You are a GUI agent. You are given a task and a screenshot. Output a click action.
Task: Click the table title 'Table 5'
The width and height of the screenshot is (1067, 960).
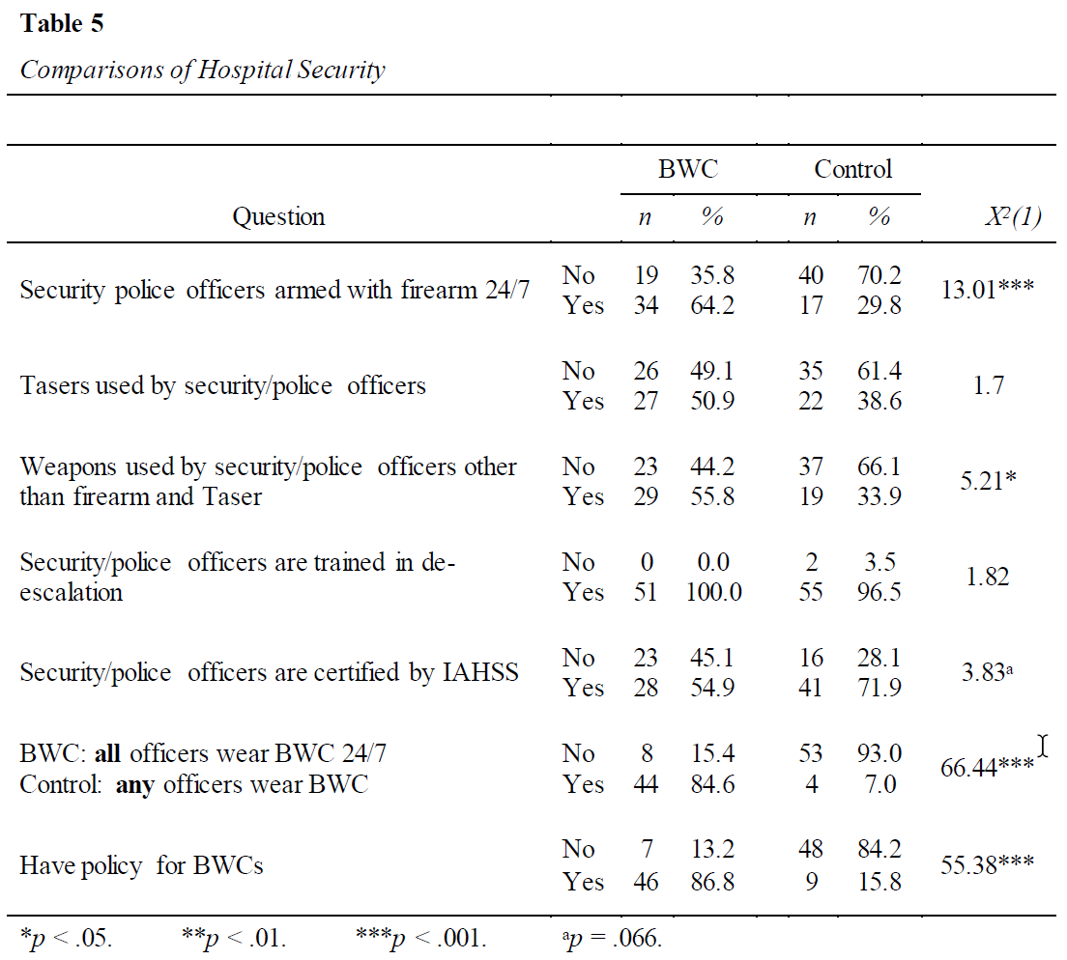click(62, 23)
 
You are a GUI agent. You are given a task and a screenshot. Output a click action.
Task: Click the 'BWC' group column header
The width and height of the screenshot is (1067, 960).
click(688, 169)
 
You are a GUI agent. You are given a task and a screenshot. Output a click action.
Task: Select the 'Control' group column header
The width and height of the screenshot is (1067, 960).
click(852, 169)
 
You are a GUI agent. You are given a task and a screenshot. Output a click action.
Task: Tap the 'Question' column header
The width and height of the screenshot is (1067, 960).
click(278, 217)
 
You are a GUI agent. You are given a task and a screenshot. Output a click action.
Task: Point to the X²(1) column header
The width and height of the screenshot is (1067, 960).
click(1013, 216)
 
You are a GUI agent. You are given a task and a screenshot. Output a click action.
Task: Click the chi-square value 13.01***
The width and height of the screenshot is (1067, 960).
click(988, 290)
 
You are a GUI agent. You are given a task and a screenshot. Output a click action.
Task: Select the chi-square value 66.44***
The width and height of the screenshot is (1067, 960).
click(988, 768)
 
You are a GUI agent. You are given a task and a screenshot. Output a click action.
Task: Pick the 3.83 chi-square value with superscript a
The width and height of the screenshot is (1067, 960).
click(988, 672)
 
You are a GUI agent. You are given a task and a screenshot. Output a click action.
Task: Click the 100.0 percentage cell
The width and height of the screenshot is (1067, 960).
click(713, 592)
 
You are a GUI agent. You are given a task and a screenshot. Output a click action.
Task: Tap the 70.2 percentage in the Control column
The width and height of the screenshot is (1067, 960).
click(880, 275)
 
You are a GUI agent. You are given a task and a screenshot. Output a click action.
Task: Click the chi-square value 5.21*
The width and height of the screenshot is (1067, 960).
click(988, 481)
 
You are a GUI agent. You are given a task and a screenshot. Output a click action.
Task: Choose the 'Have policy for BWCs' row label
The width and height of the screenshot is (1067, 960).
click(141, 865)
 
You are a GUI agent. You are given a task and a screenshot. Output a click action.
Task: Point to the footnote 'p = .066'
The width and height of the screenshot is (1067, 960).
click(612, 938)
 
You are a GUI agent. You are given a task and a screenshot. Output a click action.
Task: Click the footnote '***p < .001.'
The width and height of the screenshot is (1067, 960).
click(421, 938)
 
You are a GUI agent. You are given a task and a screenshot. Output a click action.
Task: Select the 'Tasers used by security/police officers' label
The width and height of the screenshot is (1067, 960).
click(222, 385)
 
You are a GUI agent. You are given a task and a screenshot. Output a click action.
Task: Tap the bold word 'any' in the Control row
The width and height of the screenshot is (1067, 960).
click(134, 785)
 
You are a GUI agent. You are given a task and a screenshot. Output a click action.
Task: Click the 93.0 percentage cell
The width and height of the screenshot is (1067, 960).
click(880, 753)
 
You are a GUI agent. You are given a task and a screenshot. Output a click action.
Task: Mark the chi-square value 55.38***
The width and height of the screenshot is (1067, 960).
click(988, 864)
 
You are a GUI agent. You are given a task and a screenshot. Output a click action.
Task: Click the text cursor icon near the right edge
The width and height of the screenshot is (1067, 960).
click(1043, 746)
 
